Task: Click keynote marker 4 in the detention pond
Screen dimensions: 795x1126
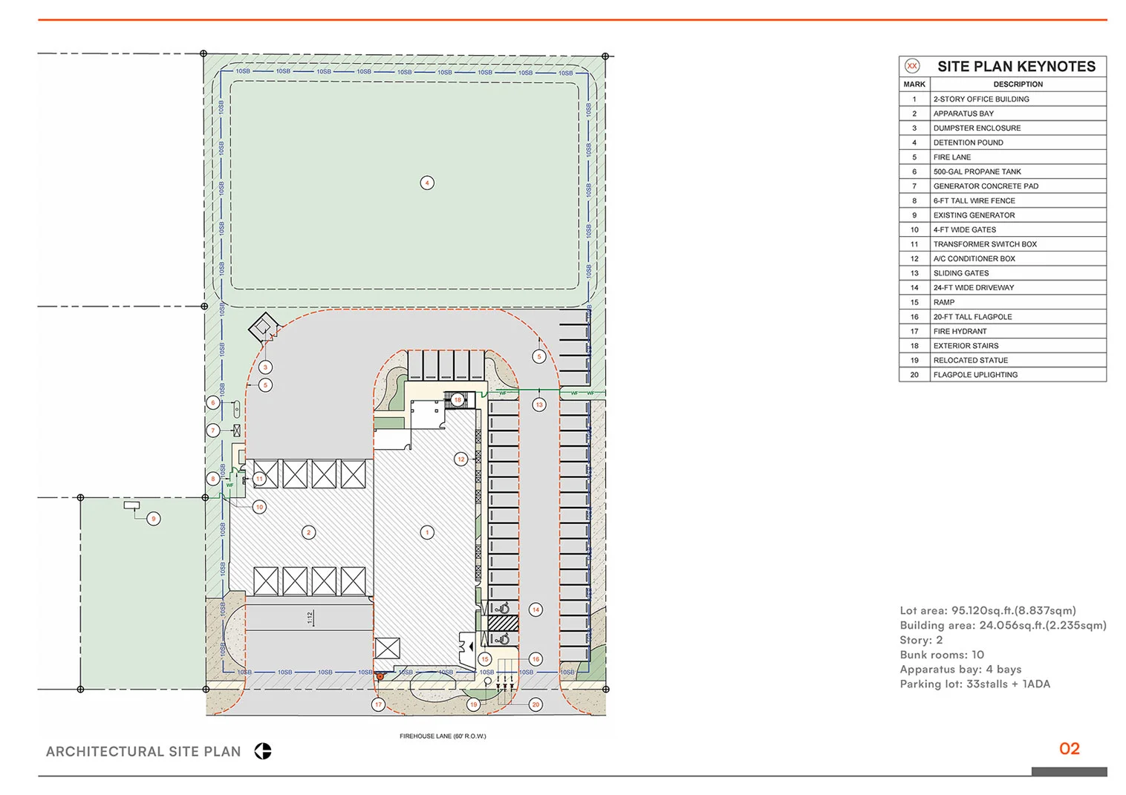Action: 426,183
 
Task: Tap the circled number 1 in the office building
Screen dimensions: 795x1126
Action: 426,532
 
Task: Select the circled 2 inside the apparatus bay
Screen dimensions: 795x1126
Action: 309,532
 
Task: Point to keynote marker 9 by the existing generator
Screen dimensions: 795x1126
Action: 154,518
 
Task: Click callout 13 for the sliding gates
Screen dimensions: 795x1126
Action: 539,405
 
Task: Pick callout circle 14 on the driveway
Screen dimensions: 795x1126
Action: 536,609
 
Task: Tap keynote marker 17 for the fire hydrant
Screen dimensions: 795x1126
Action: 379,704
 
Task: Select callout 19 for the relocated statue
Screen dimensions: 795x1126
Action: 474,704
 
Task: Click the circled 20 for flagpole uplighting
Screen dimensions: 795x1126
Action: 536,704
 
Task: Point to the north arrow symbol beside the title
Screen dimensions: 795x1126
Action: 263,751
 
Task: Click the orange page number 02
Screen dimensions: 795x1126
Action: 1069,748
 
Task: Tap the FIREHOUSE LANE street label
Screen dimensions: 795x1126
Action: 443,736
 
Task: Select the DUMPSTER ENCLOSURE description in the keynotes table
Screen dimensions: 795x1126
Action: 977,128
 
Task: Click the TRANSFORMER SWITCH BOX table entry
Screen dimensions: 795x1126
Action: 985,244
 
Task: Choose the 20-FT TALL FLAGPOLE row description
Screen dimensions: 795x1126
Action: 972,317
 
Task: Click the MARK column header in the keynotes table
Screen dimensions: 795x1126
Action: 914,85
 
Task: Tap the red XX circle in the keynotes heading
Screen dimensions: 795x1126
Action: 912,66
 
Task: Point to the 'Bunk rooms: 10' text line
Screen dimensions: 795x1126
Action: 942,655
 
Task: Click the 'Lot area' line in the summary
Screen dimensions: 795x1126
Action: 987,610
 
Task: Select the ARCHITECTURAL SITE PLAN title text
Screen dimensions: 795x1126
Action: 143,751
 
